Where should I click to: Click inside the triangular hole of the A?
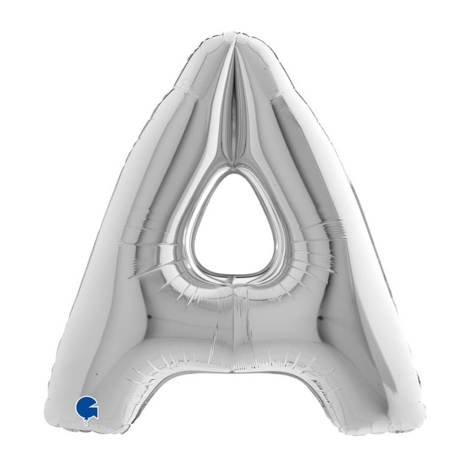pos(233,226)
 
